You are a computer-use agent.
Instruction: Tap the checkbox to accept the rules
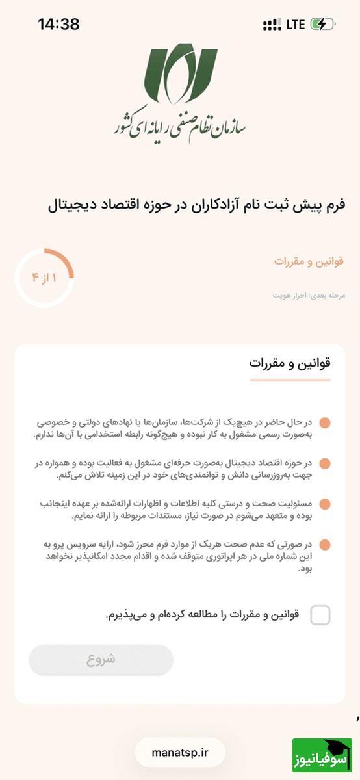click(320, 615)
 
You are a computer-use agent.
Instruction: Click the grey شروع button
click(101, 659)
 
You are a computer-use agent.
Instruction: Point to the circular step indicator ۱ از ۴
click(44, 278)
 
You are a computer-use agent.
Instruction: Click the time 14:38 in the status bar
click(58, 25)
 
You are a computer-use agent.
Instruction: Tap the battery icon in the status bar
click(322, 25)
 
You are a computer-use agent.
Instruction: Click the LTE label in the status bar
click(295, 25)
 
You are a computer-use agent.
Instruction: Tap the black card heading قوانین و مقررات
click(290, 363)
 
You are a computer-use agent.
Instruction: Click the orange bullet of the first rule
click(325, 423)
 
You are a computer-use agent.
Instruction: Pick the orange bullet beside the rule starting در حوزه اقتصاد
click(325, 463)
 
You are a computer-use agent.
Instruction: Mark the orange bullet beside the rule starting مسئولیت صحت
click(325, 504)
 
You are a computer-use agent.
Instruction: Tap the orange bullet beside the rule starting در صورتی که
click(325, 545)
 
